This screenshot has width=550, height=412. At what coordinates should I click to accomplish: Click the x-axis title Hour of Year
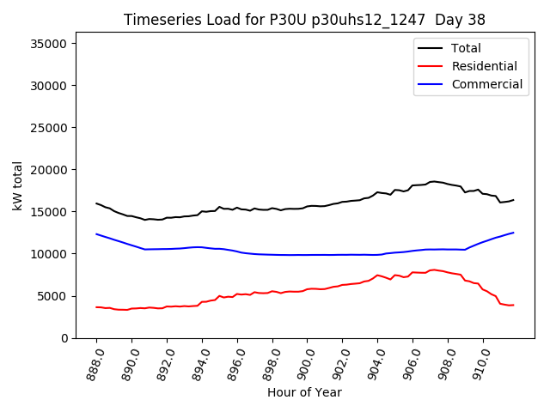(x=304, y=392)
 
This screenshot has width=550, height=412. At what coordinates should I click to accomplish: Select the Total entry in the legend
(x=466, y=48)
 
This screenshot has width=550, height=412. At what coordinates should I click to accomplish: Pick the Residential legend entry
(x=484, y=66)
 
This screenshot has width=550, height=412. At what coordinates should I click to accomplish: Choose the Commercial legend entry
(x=486, y=84)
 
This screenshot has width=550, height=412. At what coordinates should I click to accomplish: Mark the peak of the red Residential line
(x=433, y=270)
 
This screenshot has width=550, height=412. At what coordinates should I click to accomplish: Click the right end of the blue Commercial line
(x=514, y=233)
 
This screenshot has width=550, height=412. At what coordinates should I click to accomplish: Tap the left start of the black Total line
(x=96, y=203)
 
